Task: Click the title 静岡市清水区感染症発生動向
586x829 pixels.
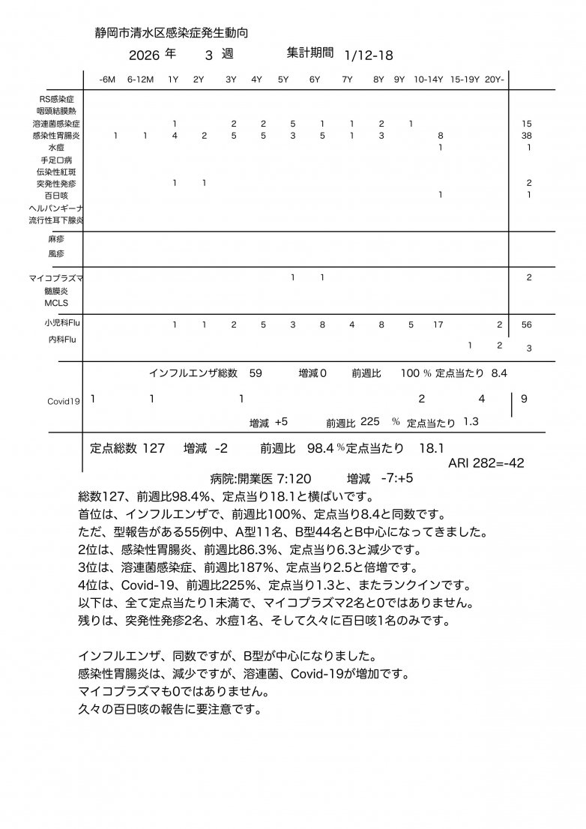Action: coord(172,33)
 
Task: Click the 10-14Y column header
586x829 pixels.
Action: coord(429,79)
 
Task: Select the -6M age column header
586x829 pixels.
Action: coord(107,79)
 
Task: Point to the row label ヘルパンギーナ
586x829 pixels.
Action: coord(55,208)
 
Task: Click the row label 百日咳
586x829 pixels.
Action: coord(56,196)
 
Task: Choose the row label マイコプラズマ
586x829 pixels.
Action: coord(55,278)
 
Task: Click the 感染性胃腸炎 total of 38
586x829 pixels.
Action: coord(528,136)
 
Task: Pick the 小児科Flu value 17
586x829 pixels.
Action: coord(438,325)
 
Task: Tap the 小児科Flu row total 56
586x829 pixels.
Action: coord(527,325)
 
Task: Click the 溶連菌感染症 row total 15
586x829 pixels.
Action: coord(528,123)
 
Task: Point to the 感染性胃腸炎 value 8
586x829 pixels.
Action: coord(440,136)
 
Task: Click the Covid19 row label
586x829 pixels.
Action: coord(64,401)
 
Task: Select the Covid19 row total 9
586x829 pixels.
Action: coord(524,400)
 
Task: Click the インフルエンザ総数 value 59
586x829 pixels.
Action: coord(256,372)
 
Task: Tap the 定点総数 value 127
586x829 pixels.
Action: coord(153,448)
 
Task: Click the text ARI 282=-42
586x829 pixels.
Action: coord(486,463)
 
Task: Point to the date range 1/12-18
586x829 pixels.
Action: coord(369,55)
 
